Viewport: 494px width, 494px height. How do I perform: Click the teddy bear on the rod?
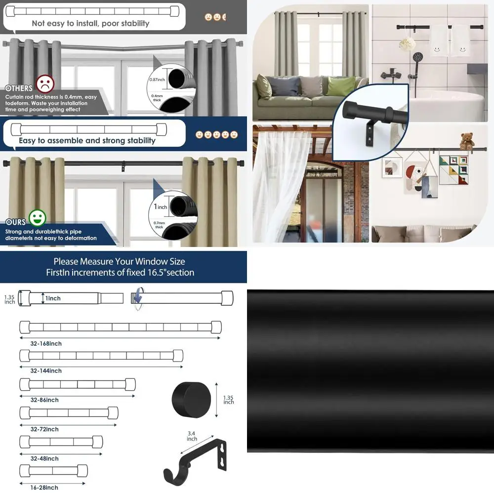coord(466,141)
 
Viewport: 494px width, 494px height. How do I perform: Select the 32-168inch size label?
coord(46,343)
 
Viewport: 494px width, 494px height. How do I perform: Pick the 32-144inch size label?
coord(46,370)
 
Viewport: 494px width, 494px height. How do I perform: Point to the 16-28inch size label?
coord(44,488)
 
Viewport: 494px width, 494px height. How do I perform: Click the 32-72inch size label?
coord(44,429)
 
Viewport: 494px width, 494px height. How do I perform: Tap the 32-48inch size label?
coord(44,458)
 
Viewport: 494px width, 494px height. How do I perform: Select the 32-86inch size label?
coord(44,400)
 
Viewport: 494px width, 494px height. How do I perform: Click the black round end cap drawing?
coord(191,399)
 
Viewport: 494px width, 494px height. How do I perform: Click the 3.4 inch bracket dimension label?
coord(192,436)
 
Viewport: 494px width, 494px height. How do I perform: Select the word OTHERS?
coord(19,88)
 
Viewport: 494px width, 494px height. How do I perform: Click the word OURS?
coord(15,222)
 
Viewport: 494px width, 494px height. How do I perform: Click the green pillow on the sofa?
coord(341,86)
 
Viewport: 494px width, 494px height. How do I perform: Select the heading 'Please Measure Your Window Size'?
coord(119,261)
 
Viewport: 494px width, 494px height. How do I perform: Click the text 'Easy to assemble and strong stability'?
coord(87,140)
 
